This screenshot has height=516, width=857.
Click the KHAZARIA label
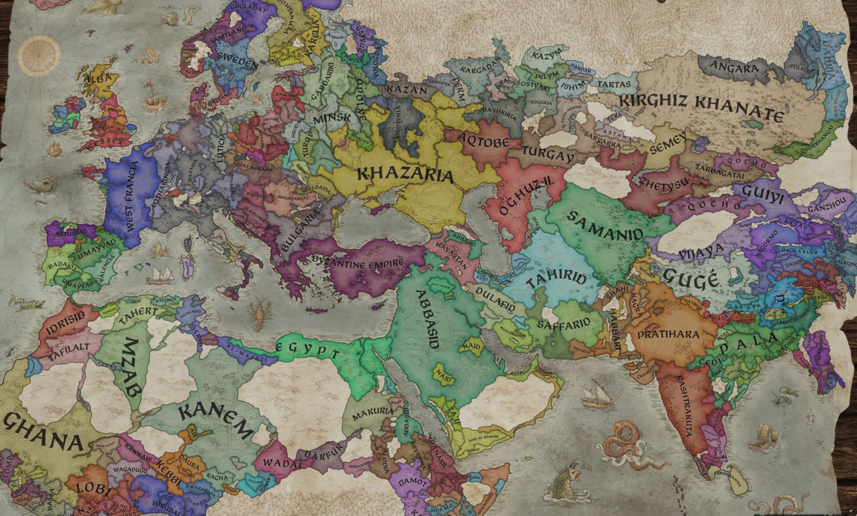tap(405, 175)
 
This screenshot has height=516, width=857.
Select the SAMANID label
tap(605, 226)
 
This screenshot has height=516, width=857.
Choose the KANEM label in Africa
tap(216, 420)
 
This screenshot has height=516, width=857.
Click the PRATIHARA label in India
tap(668, 335)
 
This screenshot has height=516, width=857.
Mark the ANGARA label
tap(734, 68)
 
